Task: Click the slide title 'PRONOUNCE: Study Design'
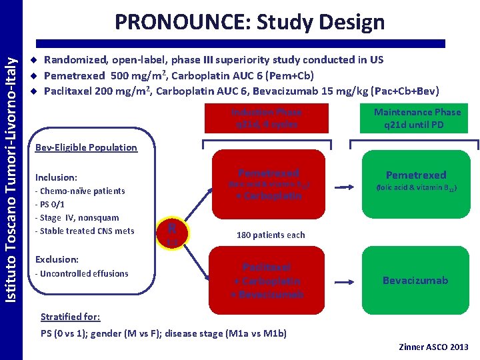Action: pos(249,22)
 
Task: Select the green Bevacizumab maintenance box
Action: pos(415,281)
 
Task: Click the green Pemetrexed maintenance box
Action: pos(415,181)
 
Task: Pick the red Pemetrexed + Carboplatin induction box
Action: pos(268,183)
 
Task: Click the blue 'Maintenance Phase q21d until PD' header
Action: pos(417,118)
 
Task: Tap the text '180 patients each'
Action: pos(271,235)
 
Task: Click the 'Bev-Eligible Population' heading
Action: pos(86,147)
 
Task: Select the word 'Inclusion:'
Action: pos(57,177)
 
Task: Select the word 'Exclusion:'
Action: pos(57,259)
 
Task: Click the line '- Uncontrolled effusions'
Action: pos(81,273)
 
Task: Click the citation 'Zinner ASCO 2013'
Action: pos(433,347)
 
